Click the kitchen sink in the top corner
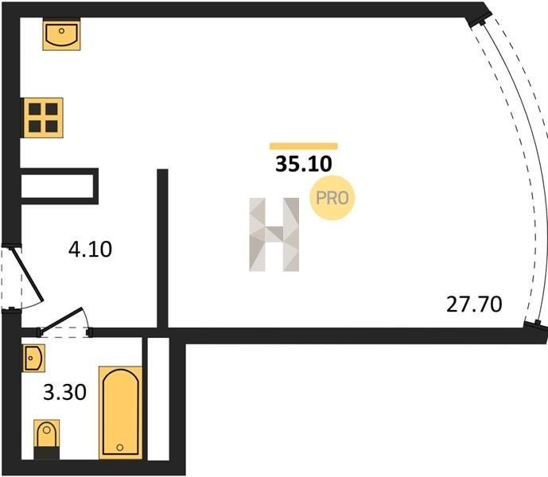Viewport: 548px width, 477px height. click(x=61, y=35)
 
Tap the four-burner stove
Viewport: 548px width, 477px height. click(x=43, y=118)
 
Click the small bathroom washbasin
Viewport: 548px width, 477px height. click(x=33, y=358)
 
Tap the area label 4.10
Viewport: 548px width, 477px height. click(x=90, y=249)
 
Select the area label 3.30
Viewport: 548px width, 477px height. click(x=64, y=392)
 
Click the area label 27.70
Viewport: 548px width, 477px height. click(x=474, y=304)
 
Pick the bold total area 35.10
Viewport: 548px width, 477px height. click(x=303, y=164)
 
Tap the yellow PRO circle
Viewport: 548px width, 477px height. click(x=332, y=198)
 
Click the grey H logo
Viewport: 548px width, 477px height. click(x=274, y=235)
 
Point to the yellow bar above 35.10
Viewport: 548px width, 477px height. click(x=304, y=146)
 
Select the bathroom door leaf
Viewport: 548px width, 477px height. click(x=60, y=318)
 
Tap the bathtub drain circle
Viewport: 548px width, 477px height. click(x=120, y=448)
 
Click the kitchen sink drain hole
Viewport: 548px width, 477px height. click(x=61, y=31)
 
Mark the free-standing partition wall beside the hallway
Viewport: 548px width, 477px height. click(x=162, y=249)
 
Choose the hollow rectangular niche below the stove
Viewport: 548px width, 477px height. click(x=60, y=186)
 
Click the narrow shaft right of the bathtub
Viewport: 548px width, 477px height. click(x=158, y=399)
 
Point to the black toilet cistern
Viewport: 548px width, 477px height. click(x=46, y=453)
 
